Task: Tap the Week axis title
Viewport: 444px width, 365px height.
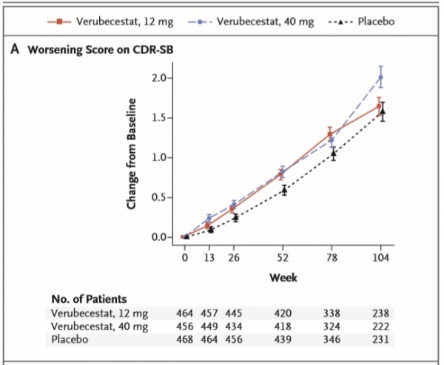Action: (x=282, y=277)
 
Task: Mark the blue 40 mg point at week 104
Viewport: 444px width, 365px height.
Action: (x=381, y=77)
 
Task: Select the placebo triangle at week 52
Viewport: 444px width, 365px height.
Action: (x=282, y=190)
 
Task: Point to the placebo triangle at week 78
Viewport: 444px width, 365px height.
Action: (x=333, y=154)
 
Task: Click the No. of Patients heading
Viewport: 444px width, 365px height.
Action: (x=90, y=299)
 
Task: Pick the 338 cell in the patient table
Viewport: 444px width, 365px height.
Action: (x=332, y=313)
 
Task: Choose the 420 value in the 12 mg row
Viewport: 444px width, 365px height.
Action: (x=282, y=313)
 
